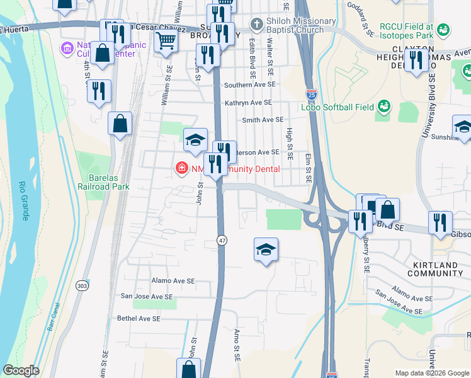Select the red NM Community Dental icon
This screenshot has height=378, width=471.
[181, 168]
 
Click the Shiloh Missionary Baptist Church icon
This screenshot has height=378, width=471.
[255, 25]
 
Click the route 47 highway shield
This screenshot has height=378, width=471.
[222, 241]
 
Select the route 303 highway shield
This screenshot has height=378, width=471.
[82, 284]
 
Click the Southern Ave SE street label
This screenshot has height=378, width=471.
[250, 84]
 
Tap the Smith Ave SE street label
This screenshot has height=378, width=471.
[263, 119]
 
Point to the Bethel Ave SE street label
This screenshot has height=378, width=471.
[139, 319]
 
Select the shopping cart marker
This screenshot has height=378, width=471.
[166, 41]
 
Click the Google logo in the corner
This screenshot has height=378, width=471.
[21, 370]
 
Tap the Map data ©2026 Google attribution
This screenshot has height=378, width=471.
[431, 373]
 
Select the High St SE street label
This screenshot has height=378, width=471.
[290, 143]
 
